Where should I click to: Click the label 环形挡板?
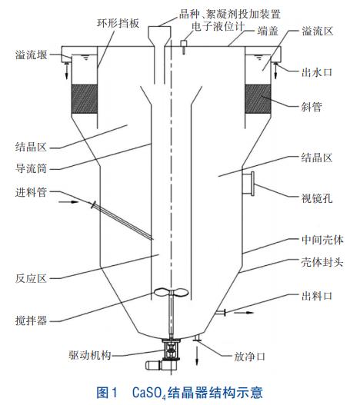pos(118,23)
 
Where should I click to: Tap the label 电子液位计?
pos(218,26)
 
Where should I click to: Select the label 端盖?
pos(268,31)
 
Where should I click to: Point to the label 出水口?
pos(317,72)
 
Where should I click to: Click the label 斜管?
pos(312,107)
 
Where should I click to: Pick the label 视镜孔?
pos(317,198)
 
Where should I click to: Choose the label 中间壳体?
pos(322,240)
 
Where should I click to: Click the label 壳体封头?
pos(322,262)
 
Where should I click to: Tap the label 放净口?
pos(250,357)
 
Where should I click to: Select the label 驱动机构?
pos(90,355)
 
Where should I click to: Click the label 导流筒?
pos(31,168)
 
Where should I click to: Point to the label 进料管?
pos(31,192)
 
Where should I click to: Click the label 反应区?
pos(31,278)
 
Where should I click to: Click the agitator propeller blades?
pos(171,292)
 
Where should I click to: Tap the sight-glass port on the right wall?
pos(248,184)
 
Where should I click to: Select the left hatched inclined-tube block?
pos(85,99)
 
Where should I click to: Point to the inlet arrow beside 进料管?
pos(68,201)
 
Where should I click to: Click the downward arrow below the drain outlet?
pos(197,356)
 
